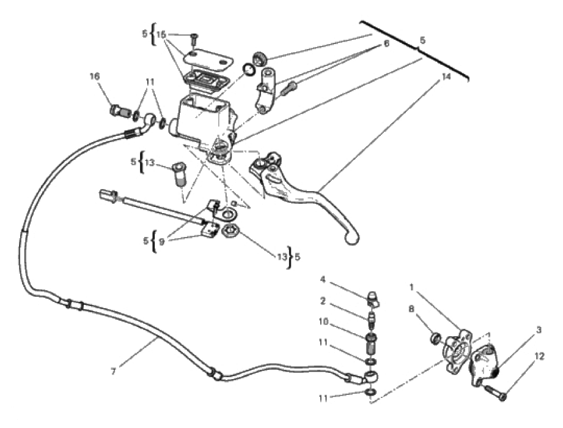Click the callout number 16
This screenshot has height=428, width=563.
pos(94,77)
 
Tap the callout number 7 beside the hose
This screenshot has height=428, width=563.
pos(114,372)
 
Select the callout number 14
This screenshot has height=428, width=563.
pos(446,77)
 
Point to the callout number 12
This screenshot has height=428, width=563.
pos(539,356)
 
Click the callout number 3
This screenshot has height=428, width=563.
pos(539,330)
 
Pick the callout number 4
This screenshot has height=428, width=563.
pos(323,279)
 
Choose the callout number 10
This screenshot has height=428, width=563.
pos(323,321)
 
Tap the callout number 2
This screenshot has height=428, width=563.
pos(323,301)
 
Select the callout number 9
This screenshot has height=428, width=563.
pos(161,242)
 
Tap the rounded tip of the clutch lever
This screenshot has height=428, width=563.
pos(352,238)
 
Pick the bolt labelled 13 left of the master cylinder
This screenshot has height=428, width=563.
pos(180,175)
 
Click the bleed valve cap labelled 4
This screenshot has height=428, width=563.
pos(373,299)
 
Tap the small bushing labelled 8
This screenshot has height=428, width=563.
pos(436,338)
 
